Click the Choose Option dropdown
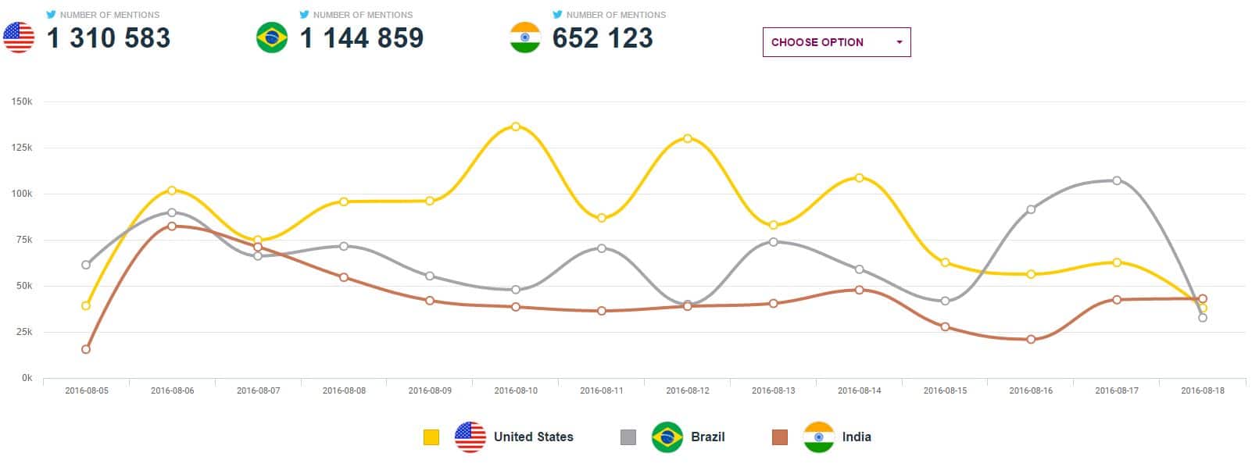point(836,42)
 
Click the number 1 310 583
point(109,37)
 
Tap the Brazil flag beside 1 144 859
point(272,37)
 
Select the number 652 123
point(603,37)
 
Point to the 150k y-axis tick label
point(22,102)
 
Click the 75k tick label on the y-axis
point(23,240)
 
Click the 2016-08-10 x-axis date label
point(516,390)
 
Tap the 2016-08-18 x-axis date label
point(1203,390)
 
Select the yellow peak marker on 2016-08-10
point(516,127)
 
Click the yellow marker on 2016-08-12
point(688,138)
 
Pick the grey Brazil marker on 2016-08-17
point(1117,180)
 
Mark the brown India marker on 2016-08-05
point(86,349)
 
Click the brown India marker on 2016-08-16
point(1031,339)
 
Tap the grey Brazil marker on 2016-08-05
point(86,265)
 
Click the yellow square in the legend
point(431,437)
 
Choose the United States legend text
point(533,437)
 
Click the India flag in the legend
point(819,437)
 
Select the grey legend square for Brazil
point(628,437)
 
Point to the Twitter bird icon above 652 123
point(557,14)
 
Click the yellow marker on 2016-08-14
point(859,178)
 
